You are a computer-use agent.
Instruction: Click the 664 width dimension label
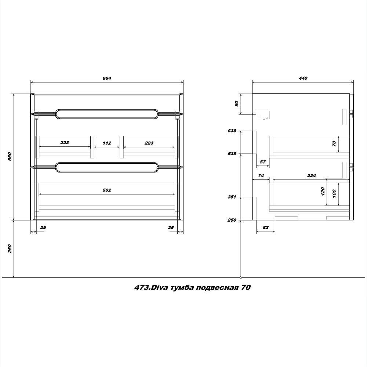(x=107, y=78)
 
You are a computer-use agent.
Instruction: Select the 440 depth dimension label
(x=303, y=78)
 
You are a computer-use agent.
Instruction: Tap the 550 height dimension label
(x=10, y=156)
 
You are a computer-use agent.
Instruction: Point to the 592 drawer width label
(x=107, y=190)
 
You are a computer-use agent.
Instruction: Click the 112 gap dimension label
(x=107, y=143)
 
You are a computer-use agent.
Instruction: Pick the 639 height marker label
(x=232, y=131)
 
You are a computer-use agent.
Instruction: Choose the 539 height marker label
(x=232, y=153)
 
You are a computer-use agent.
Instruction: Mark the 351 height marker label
(x=232, y=197)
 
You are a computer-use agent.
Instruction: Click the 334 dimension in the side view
(x=312, y=175)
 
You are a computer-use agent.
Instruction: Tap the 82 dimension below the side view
(x=266, y=227)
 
